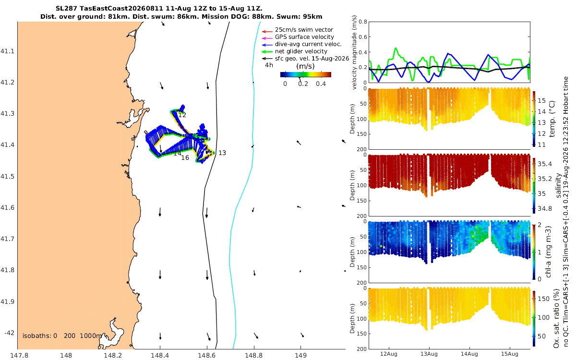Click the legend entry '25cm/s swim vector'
pos(304,30)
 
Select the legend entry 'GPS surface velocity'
pos(304,37)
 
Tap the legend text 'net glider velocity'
pos(301,51)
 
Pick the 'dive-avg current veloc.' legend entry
pos(308,44)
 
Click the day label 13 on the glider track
pos(222,153)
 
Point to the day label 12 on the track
pos(182,115)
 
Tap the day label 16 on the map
pos(185,158)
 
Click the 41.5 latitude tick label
pos(7,177)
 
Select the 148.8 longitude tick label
pos(254,356)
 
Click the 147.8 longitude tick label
pos(19,356)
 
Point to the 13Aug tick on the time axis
pos(429,354)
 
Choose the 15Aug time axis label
pos(510,354)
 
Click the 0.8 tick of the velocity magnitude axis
pos(363,22)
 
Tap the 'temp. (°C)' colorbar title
pos(552,119)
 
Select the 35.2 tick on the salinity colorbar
pos(545,179)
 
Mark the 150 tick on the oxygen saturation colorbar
pos(543,299)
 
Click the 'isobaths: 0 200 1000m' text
pos(62,336)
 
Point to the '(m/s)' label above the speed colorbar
pos(305,66)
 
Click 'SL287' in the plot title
pos(66,8)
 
